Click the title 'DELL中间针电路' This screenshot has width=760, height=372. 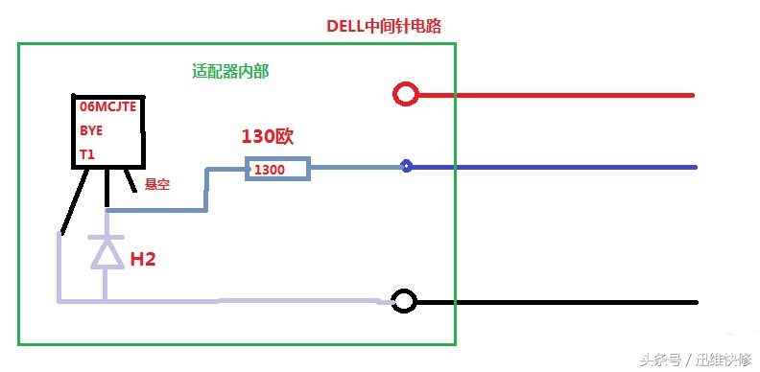point(384,26)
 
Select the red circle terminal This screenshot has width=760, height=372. point(406,94)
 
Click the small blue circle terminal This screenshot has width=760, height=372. point(407,166)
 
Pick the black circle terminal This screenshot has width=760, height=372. point(405,302)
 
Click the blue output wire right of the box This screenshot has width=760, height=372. point(576,167)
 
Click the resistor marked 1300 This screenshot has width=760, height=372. point(277,169)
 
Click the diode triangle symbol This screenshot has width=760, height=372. point(105,252)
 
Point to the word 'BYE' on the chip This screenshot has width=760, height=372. point(90,130)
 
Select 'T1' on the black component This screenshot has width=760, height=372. point(86,153)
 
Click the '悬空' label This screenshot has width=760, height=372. point(156,184)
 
